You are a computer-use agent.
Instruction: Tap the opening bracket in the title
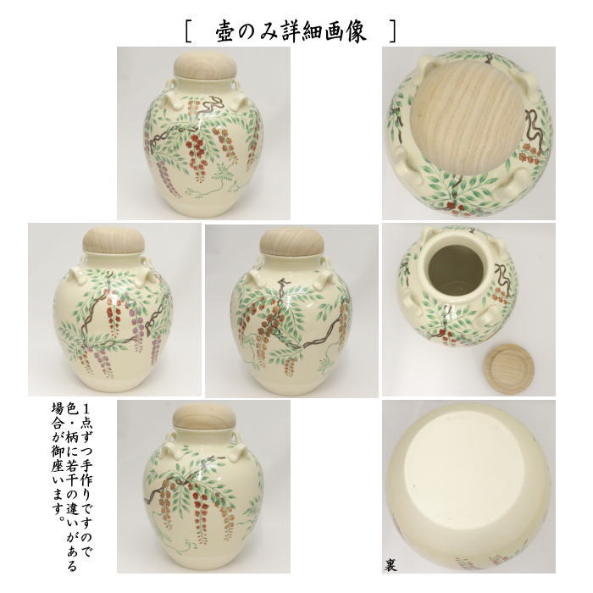pos(188,32)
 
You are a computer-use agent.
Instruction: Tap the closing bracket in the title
pos(393,32)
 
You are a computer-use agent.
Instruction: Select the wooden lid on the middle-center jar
pos(289,241)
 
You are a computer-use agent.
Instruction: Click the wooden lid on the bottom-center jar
pos(203,421)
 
